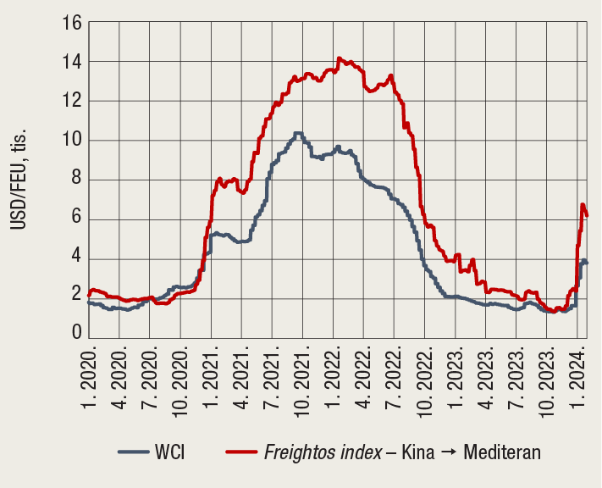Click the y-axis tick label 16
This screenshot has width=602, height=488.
coord(71,23)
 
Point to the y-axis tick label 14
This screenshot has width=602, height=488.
coord(71,62)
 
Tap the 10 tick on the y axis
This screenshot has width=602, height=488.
coord(71,141)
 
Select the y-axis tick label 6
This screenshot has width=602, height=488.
coord(75,219)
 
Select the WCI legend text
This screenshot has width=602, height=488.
coord(169,452)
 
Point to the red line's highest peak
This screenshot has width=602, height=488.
coord(340,58)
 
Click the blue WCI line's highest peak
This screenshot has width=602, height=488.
coord(297,133)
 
